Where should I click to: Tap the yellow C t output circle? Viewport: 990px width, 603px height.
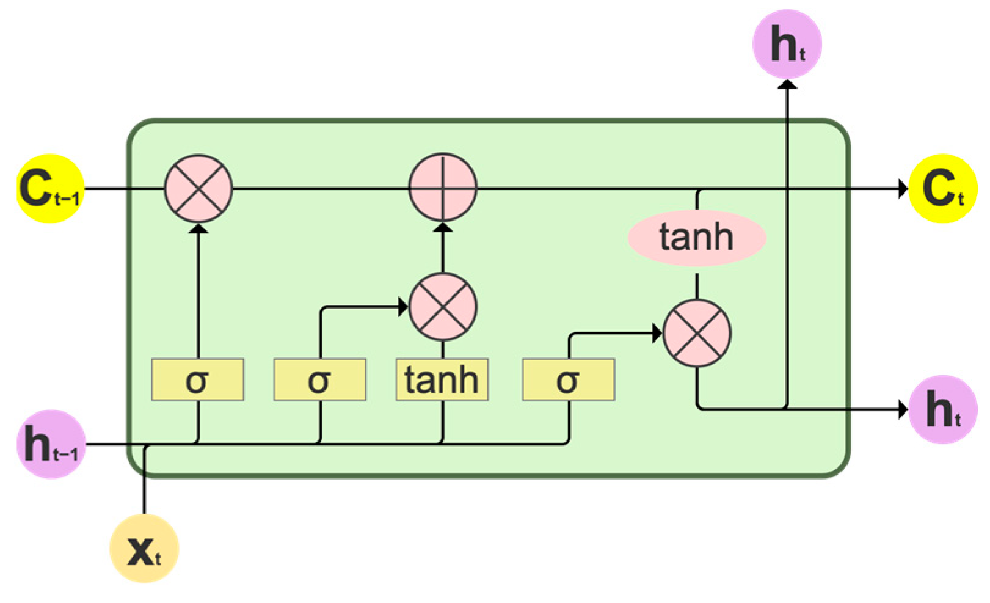[x=942, y=188]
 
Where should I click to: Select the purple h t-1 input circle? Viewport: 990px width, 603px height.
[x=51, y=444]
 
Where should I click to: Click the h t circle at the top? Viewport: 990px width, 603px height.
[x=787, y=44]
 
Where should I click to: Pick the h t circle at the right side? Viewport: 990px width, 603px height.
[x=942, y=409]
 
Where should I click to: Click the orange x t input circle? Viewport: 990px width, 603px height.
[x=144, y=549]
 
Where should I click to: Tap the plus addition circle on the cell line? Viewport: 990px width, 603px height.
[x=443, y=187]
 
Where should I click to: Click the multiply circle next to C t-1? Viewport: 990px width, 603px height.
[x=198, y=188]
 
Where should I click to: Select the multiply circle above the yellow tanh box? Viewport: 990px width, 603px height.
[x=443, y=307]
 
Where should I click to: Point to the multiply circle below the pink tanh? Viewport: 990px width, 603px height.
[x=697, y=334]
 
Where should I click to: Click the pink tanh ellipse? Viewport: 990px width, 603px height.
[x=696, y=238]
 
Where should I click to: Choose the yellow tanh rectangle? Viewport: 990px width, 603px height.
[x=442, y=380]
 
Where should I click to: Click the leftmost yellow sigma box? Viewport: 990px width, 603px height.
[x=197, y=380]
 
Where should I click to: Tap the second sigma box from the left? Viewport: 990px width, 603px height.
[x=319, y=380]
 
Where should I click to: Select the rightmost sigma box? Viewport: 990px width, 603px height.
[x=568, y=380]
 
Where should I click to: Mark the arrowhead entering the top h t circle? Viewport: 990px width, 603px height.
[x=787, y=83]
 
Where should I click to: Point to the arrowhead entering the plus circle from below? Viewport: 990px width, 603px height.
[x=443, y=227]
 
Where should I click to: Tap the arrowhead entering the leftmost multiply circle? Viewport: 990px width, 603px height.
[x=198, y=228]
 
